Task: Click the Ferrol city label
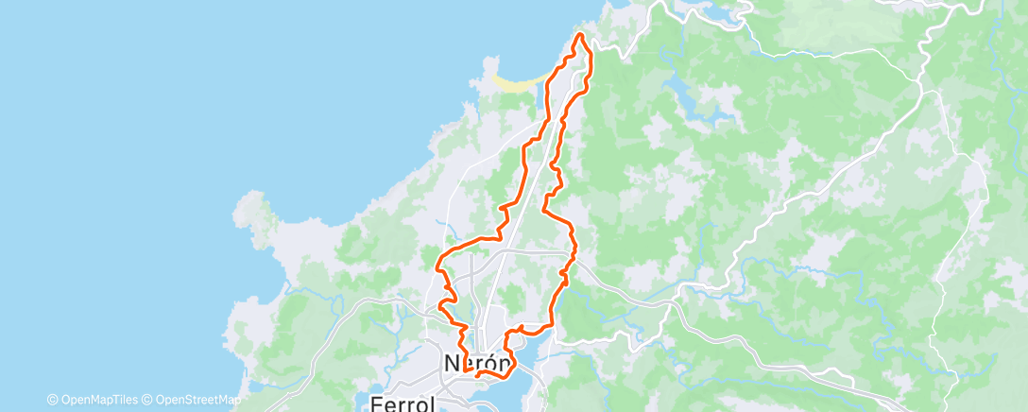coord(403,403)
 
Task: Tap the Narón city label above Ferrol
coord(478,363)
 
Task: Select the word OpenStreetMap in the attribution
coord(197,399)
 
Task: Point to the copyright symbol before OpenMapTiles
coord(53,399)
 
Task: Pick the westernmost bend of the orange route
coord(437,267)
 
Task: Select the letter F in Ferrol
coord(376,403)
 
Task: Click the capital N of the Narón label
coord(453,363)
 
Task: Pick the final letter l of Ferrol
coord(432,403)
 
